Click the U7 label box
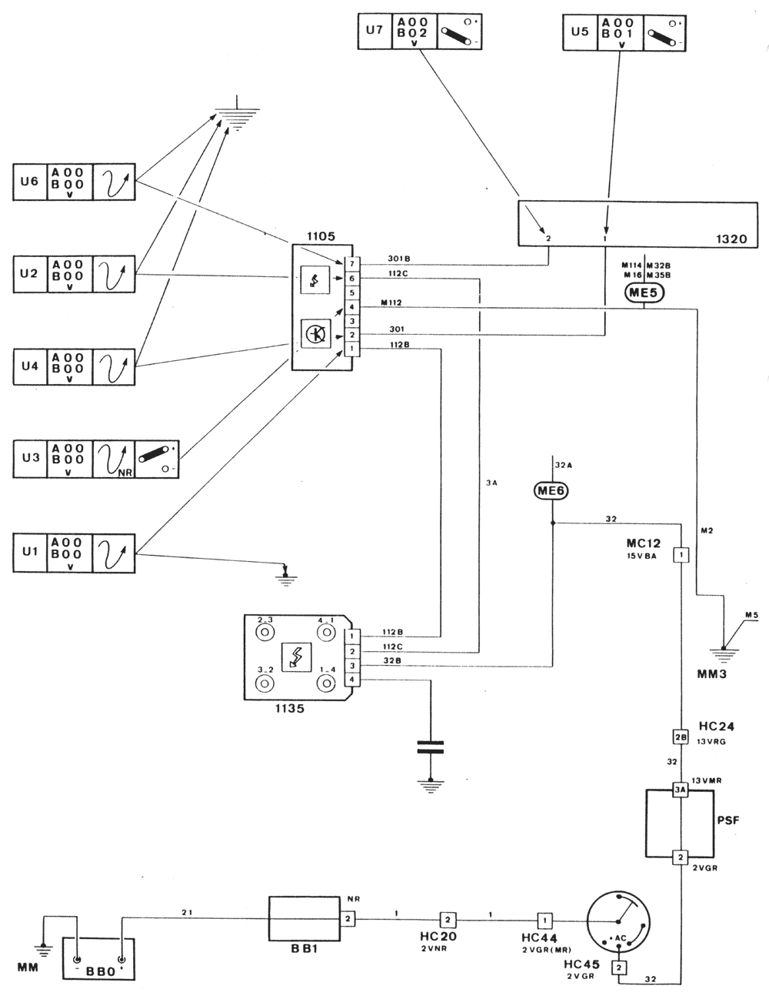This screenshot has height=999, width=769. tap(374, 31)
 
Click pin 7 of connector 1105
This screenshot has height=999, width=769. tap(351, 264)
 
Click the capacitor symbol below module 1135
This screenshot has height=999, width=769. tap(430, 745)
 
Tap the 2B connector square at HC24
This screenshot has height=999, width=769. tap(680, 736)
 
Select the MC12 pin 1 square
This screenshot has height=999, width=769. tap(681, 554)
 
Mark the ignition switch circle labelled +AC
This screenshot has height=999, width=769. tap(618, 921)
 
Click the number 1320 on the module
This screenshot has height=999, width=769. tap(730, 239)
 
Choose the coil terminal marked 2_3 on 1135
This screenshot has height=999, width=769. tap(265, 632)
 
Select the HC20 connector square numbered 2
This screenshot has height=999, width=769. tap(448, 919)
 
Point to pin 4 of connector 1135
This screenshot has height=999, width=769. tap(351, 680)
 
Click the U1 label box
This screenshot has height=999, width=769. tap(29, 552)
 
